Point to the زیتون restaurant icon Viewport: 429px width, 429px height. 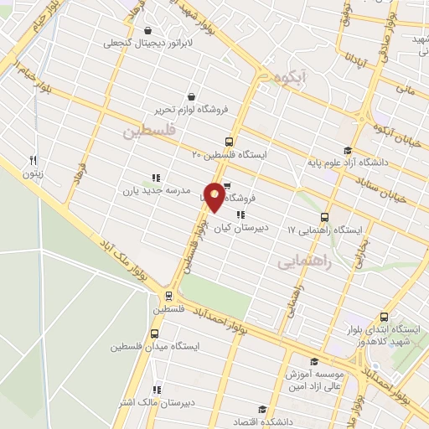click(34, 160)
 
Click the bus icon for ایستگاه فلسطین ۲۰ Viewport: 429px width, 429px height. click(230, 142)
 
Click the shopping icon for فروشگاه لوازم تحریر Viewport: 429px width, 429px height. click(194, 96)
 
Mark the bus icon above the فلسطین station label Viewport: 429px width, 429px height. click(169, 296)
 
